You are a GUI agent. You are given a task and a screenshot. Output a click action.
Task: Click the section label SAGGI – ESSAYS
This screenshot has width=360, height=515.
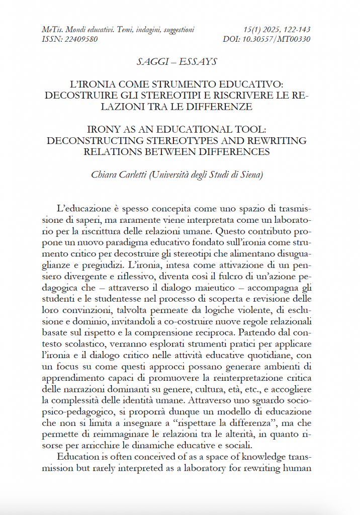(176, 61)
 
